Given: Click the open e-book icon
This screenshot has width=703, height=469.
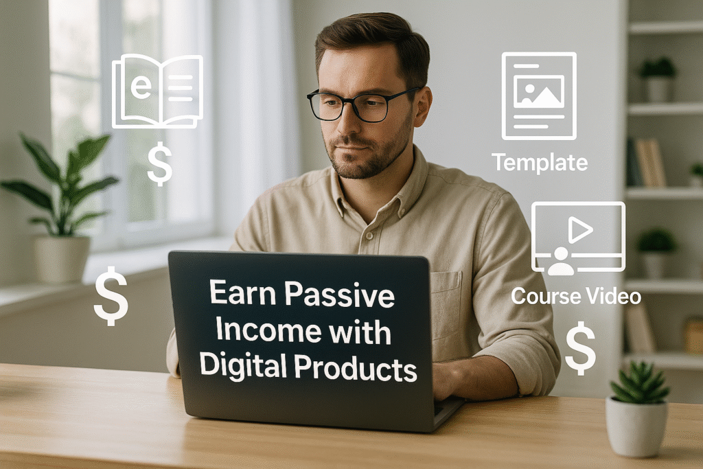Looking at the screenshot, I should tap(157, 91).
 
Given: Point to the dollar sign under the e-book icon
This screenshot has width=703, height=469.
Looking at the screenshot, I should tap(159, 164).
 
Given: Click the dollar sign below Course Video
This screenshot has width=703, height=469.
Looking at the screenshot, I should tap(580, 347).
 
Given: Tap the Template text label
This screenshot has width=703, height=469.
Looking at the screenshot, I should tap(539, 163).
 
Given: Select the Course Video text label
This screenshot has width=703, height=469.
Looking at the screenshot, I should tap(576, 297).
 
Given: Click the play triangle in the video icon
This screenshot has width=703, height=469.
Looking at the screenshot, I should tap(580, 231).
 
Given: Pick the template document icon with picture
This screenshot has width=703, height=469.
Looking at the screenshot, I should tap(539, 96).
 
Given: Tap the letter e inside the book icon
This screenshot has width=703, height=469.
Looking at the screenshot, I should tap(141, 88).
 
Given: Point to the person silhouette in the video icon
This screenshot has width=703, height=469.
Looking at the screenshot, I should tap(561, 261).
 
